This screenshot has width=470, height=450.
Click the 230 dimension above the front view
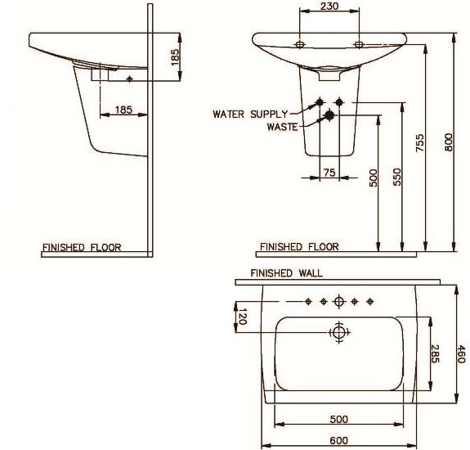point(329,7)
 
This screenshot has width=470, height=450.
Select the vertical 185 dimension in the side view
point(174,56)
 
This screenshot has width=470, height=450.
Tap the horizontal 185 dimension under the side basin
point(123,109)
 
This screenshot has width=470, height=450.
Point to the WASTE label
point(283,127)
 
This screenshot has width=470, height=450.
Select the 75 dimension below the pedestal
point(329,172)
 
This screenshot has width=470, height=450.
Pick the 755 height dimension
point(420,143)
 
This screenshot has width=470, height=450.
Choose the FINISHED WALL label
point(286,273)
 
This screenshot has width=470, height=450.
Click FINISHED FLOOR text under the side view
point(82,246)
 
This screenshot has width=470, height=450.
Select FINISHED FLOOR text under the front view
point(299,246)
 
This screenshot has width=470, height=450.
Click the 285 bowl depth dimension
point(435,353)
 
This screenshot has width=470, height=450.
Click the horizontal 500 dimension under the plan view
point(338,419)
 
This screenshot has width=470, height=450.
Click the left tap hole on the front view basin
point(300,43)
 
